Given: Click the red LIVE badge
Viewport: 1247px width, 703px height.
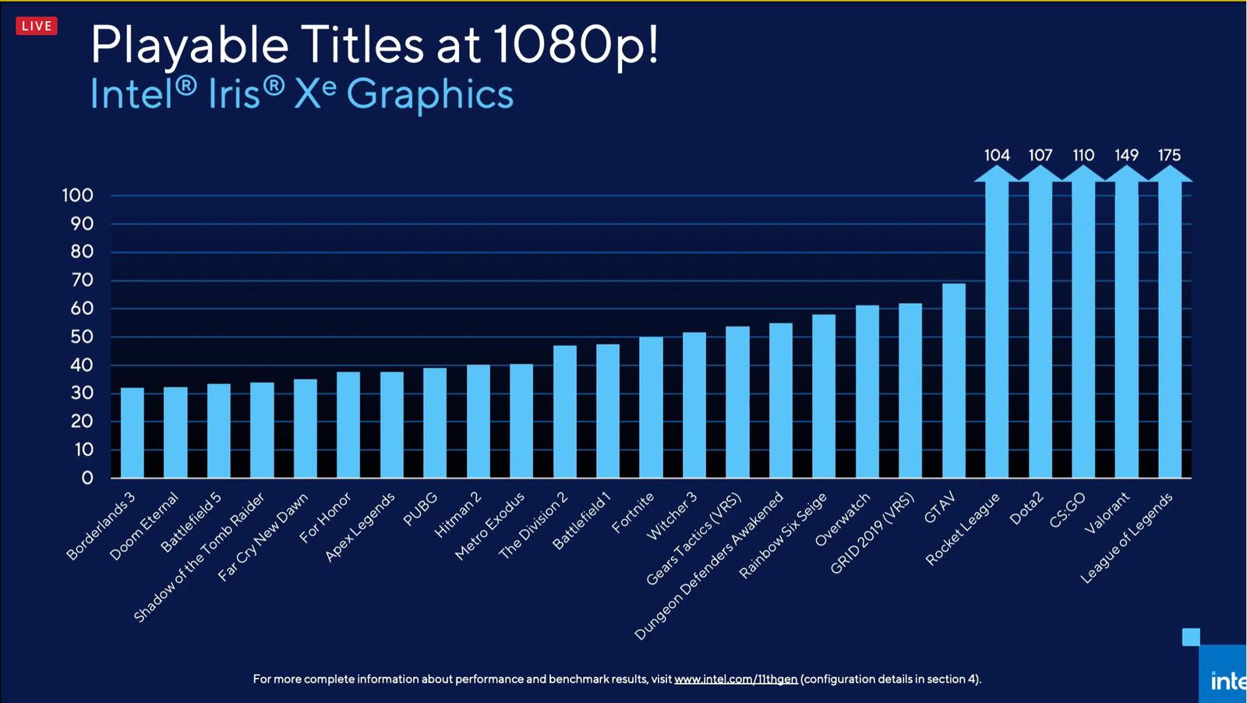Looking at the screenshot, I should (37, 26).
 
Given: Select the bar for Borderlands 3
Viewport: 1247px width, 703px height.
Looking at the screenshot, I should (132, 433).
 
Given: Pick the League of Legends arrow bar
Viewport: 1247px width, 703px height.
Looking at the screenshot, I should (1170, 327).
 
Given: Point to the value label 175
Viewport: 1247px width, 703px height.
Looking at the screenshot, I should (1169, 155).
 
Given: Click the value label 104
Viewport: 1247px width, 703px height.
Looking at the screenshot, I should (997, 155).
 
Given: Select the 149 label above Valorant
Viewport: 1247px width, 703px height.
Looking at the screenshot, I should (1126, 155).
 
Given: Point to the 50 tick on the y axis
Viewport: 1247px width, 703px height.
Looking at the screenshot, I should (82, 337).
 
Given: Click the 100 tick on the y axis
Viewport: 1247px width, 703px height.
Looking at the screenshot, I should (78, 196).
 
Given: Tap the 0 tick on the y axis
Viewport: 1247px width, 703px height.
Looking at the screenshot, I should (87, 478).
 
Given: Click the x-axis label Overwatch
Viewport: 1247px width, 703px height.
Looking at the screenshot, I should (843, 520).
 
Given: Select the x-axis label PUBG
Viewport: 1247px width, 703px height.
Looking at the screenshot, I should (420, 509).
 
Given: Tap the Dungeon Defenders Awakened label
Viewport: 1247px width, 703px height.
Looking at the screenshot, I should (709, 567).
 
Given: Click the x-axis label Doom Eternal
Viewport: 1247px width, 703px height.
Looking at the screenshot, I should (145, 526).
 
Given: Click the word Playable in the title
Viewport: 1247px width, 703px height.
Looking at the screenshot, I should (189, 44).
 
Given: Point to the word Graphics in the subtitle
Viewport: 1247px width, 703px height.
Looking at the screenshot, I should (429, 94).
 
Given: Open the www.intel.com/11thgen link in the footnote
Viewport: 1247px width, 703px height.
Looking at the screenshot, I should (736, 679).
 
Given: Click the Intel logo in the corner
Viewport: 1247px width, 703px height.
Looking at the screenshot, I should (1225, 680).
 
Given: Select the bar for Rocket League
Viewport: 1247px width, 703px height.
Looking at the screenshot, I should (997, 327).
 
